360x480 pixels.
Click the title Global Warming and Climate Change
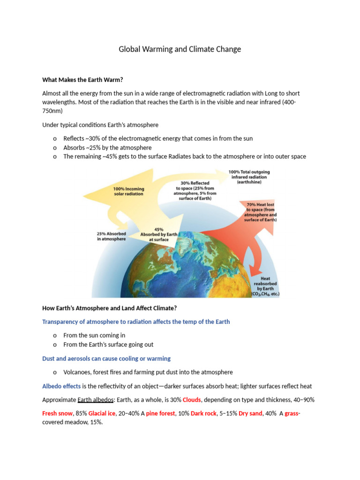coord(180,49)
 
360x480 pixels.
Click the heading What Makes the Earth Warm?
coord(82,80)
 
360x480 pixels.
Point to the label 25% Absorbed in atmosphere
coord(111,236)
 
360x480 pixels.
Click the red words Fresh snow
coord(57,413)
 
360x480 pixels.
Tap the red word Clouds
coord(192,400)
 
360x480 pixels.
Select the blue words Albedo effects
coord(61,386)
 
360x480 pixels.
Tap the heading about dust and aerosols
coord(106,359)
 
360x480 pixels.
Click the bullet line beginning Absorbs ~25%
coord(107,148)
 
